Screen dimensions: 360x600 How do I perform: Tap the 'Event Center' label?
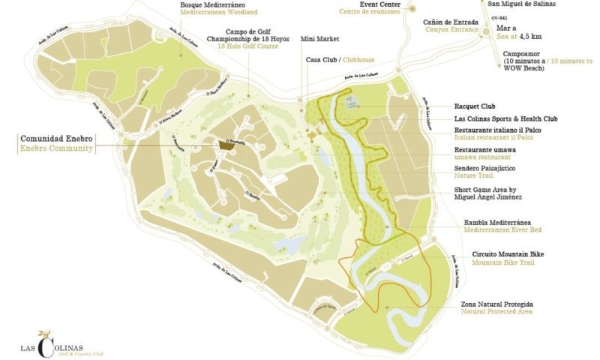tap(360, 4)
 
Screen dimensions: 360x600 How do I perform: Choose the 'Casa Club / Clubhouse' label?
tap(339, 59)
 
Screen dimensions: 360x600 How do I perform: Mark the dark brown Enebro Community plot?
tap(224, 145)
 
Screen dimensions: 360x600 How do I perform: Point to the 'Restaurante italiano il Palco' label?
tap(502, 130)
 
